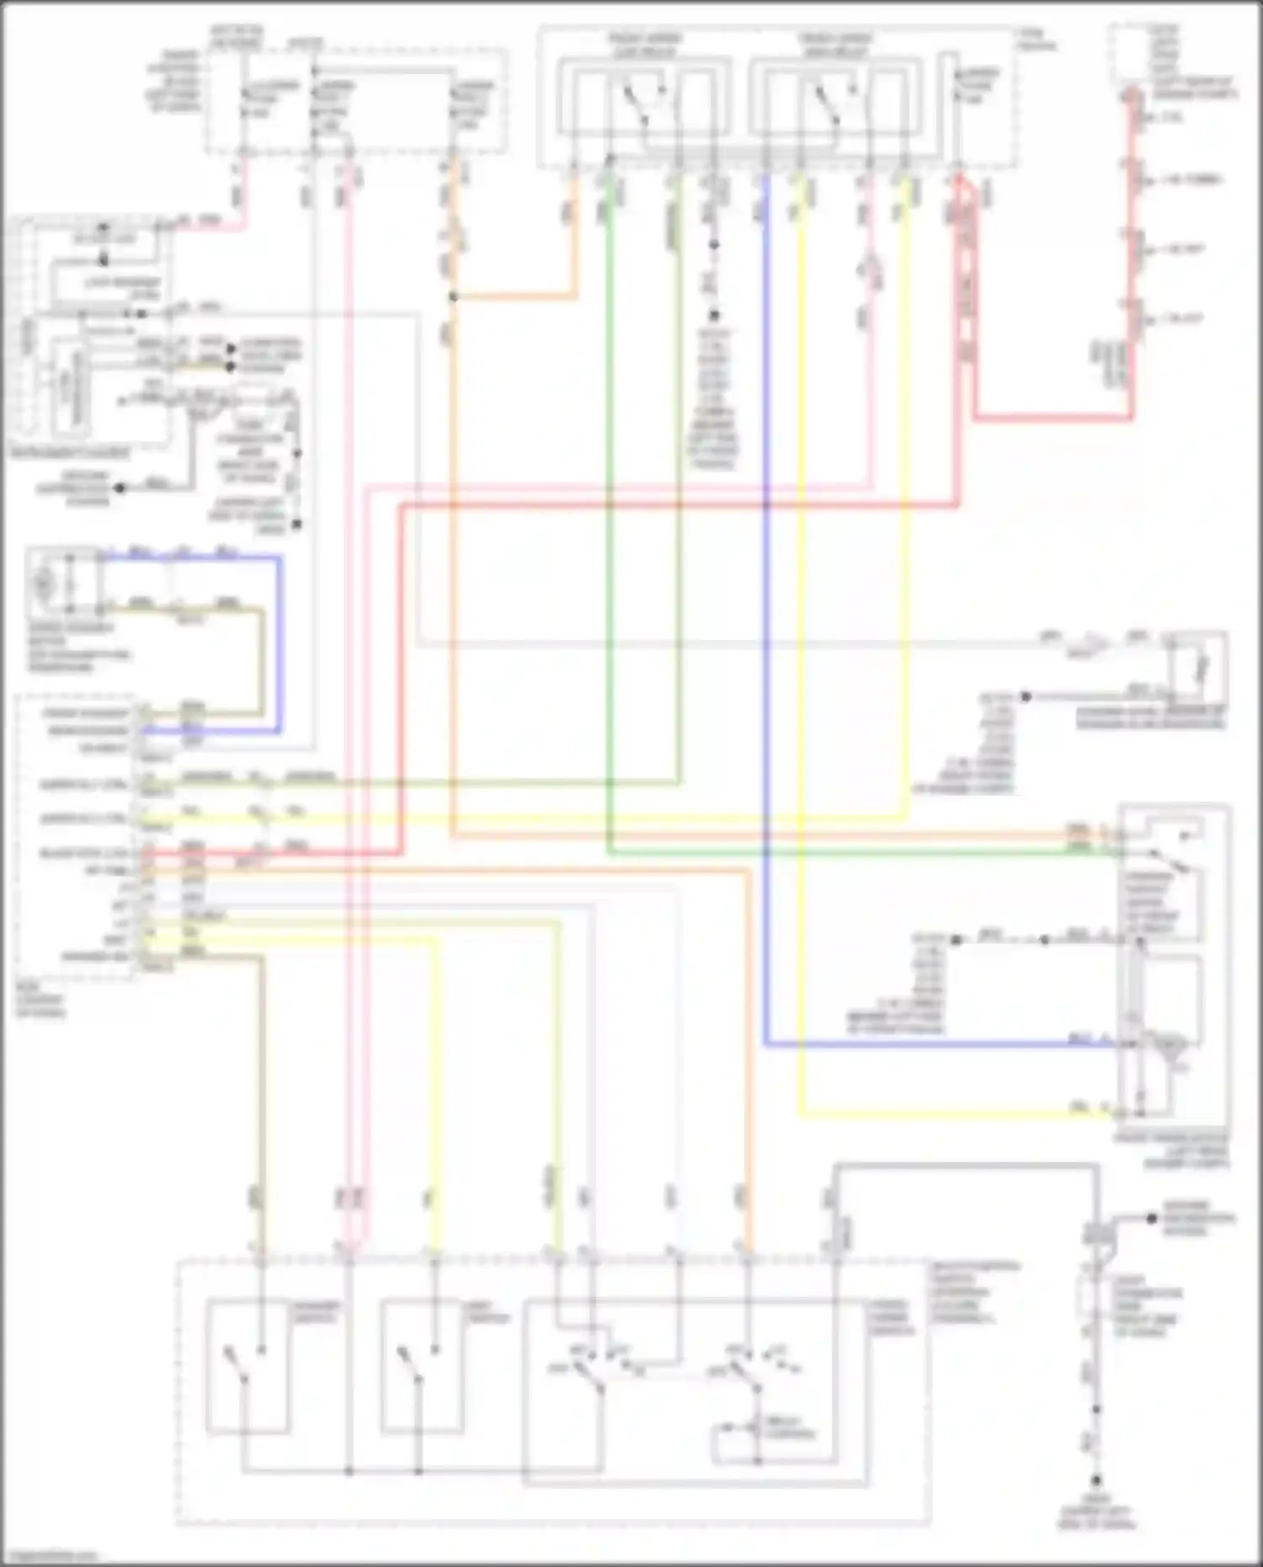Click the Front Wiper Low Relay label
(x=645, y=45)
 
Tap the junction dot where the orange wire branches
(x=453, y=297)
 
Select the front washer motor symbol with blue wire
(x=45, y=581)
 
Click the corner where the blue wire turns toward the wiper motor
(x=766, y=1045)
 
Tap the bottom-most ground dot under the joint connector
(x=1096, y=1479)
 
